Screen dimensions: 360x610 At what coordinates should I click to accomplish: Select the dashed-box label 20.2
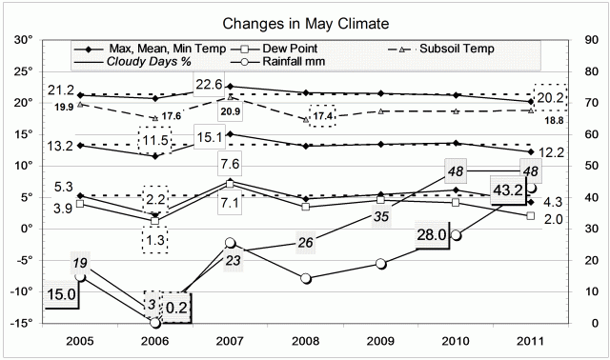point(551,98)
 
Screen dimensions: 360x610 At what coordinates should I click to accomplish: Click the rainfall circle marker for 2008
point(305,278)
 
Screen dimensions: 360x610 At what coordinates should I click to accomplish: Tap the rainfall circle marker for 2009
point(381,264)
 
